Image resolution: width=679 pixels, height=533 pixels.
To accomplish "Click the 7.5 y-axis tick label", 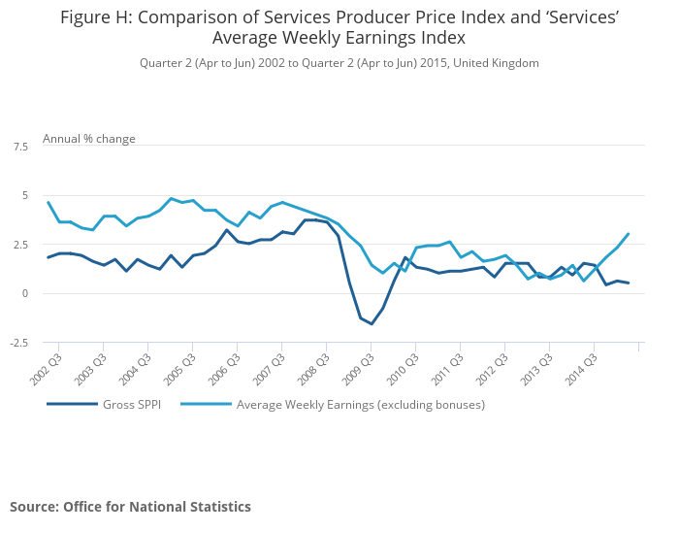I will tap(20, 147).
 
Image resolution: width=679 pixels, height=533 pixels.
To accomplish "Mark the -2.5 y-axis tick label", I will tap(18, 343).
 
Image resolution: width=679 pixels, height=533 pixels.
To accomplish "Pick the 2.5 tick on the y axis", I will tap(20, 245).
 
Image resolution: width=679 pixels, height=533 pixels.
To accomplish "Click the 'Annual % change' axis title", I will tap(89, 139).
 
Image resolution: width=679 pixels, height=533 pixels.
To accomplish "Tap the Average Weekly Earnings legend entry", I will tap(360, 404).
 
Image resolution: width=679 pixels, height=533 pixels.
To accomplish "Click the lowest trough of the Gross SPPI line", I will tap(372, 323).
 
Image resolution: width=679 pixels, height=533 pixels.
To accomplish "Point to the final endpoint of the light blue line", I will tap(629, 234).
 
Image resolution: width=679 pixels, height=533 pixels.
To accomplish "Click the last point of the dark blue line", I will tap(629, 283).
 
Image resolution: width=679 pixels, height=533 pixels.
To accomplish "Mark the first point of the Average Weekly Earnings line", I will tap(48, 202).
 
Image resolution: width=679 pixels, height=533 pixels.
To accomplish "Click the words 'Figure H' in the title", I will tap(95, 17).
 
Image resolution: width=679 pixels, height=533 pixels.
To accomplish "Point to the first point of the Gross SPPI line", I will tap(48, 257).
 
